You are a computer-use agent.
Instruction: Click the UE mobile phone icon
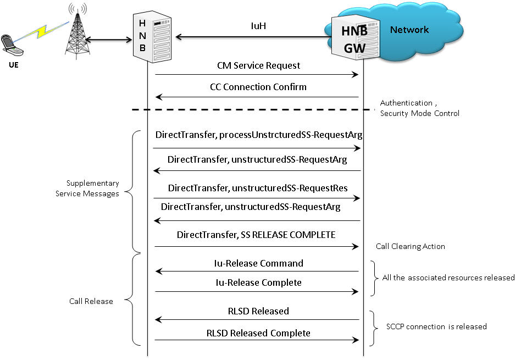coord(12,45)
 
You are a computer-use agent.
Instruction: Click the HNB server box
coord(152,37)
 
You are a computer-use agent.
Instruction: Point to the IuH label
coord(258,26)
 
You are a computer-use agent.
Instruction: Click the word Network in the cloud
coord(409,30)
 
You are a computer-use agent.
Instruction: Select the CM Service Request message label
coord(258,65)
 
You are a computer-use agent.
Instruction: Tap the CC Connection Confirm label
coord(258,87)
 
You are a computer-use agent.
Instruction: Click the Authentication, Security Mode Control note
coord(420,108)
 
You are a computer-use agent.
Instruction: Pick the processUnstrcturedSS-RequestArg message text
coord(291,135)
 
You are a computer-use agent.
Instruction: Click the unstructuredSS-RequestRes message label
coord(290,188)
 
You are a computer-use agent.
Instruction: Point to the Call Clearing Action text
coord(411,246)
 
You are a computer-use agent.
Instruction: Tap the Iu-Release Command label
coord(258,263)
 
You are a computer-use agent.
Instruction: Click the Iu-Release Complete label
coord(258,283)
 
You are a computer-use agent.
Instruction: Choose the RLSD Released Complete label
coord(258,333)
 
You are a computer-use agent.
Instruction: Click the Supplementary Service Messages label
coord(87,188)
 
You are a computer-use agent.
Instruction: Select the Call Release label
coord(91,301)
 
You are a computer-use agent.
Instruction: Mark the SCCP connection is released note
coord(436,326)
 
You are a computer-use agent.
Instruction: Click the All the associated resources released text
coord(448,278)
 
